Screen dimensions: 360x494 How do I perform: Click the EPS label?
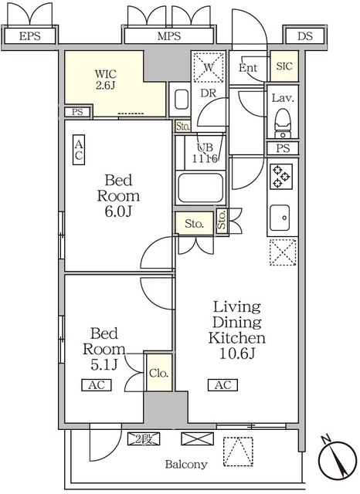coord(30,36)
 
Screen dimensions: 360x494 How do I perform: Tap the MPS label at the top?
coord(169,36)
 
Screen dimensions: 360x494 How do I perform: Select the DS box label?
coord(305,36)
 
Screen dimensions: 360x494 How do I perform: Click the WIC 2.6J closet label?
coord(106,80)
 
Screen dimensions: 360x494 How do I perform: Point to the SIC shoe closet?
coord(284,66)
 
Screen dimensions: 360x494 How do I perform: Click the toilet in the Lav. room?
coord(283,123)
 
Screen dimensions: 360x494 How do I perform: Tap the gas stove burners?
coord(281,177)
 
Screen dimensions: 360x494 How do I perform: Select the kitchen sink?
coord(280,218)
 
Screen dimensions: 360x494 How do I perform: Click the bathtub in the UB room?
coord(201,188)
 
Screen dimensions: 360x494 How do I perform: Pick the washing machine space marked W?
coord(209,67)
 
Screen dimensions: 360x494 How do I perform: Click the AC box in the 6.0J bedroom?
coord(79,150)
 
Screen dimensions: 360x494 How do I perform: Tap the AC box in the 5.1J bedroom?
coord(97,385)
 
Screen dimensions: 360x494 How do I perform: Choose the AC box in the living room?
coord(222,385)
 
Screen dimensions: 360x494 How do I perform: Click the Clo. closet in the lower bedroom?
coord(158,373)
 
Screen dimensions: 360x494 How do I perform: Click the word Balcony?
coord(186,464)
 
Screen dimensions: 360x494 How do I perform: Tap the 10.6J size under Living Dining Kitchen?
coord(236,354)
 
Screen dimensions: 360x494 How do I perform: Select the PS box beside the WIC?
coord(77,112)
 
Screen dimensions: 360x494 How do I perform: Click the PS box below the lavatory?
coord(283,148)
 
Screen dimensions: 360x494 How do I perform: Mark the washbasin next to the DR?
coord(180,100)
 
